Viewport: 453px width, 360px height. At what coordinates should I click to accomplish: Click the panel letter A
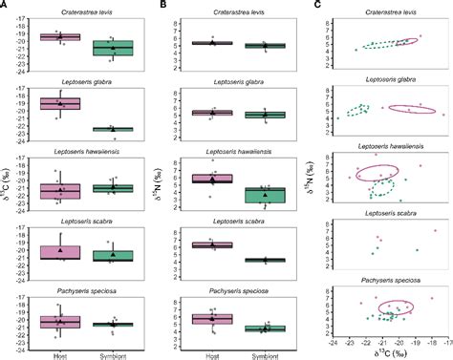(x=5, y=6)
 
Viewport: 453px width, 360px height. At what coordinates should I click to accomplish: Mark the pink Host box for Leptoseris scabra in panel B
(x=205, y=245)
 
